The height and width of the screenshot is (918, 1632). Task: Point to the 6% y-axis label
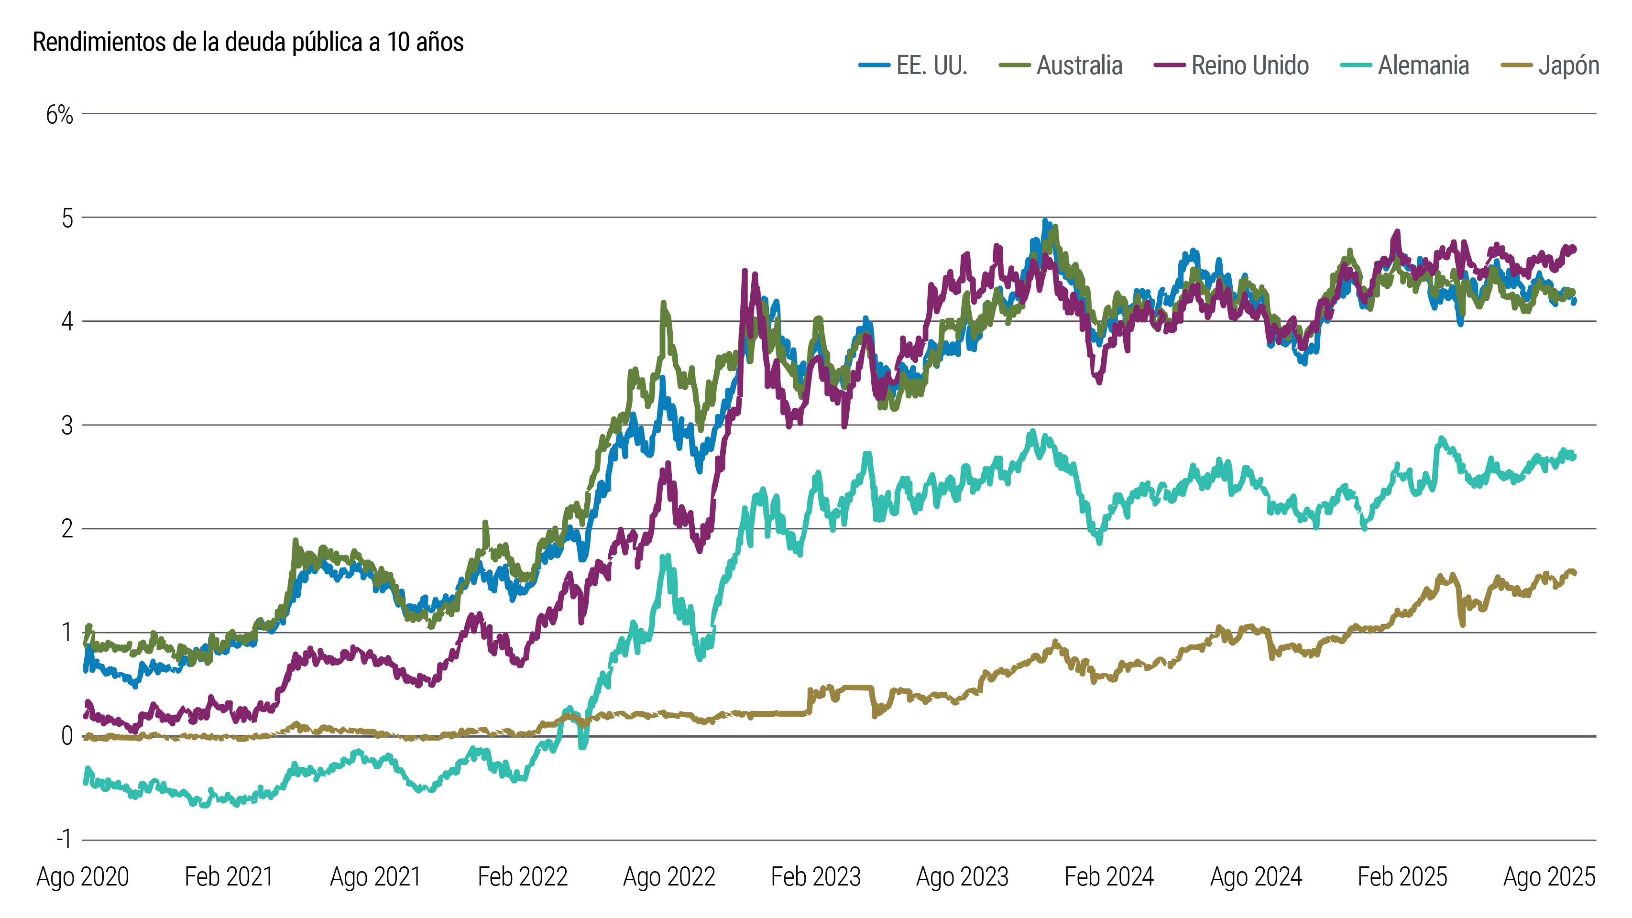60,115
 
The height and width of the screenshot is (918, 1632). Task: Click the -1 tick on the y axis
64,840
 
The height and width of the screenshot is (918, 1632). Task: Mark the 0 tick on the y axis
67,736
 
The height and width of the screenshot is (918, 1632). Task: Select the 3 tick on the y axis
67,426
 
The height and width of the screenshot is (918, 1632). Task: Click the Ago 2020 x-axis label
83,877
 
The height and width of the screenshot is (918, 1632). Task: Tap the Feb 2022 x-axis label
522,877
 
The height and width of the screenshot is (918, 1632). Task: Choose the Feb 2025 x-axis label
1402,877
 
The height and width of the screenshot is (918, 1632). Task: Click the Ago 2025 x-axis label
1548,877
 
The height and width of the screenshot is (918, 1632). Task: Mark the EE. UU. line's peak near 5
1045,222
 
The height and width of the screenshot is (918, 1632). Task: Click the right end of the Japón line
1575,573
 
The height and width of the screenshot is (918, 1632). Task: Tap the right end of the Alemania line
1575,457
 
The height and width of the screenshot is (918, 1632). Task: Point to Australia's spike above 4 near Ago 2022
663,304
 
